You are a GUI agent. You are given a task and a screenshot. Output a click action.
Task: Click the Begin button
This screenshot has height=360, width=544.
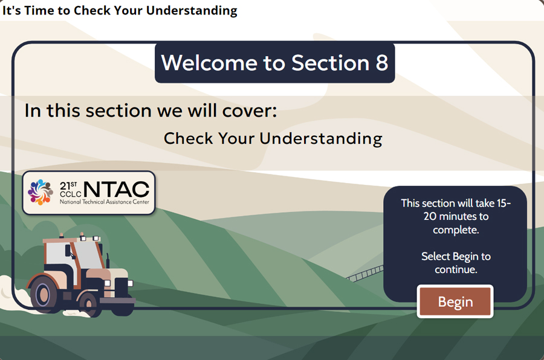[455, 301]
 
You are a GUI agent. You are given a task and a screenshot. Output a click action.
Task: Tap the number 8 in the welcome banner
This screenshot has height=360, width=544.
[381, 63]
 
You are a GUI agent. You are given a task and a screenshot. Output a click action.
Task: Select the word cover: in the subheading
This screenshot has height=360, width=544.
[250, 111]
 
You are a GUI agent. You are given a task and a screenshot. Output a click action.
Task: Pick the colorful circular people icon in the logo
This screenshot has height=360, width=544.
[40, 192]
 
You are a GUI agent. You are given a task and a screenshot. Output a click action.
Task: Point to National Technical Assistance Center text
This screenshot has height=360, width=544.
[103, 202]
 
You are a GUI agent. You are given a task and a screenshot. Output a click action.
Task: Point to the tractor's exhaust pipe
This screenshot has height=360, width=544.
[108, 258]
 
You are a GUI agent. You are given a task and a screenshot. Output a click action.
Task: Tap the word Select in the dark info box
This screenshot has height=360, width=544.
[435, 257]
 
